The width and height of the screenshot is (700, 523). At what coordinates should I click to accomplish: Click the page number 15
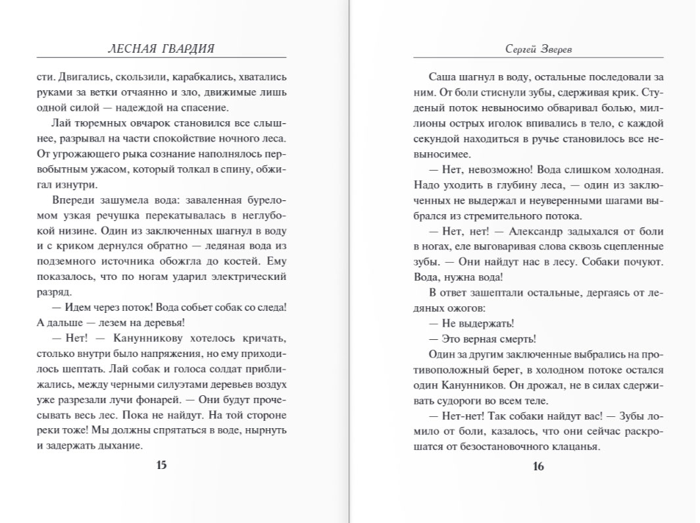click(161, 466)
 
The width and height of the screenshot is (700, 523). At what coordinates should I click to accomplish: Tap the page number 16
click(538, 467)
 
